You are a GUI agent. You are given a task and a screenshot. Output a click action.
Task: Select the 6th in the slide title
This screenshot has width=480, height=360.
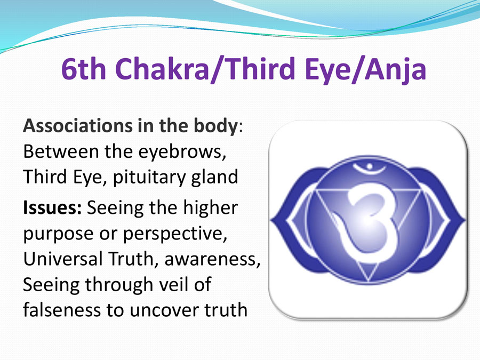coord(84,69)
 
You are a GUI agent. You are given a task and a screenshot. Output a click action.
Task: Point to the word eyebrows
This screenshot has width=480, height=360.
coord(182,152)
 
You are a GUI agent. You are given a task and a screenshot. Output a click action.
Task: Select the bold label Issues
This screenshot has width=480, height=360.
coord(52,207)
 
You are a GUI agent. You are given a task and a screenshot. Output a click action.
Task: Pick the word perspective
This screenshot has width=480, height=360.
coord(175,234)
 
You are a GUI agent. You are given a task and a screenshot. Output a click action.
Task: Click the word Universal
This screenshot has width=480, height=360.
coord(62,259)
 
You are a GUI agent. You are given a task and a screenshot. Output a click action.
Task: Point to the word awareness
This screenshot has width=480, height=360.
coord(212,260)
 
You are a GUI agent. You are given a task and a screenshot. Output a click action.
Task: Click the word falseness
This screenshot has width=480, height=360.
coord(62,309)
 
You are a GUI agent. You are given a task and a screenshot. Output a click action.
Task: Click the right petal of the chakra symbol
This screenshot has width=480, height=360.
coord(445,220)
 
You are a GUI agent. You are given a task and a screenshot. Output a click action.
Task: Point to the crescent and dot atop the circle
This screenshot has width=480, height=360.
coord(369,168)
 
